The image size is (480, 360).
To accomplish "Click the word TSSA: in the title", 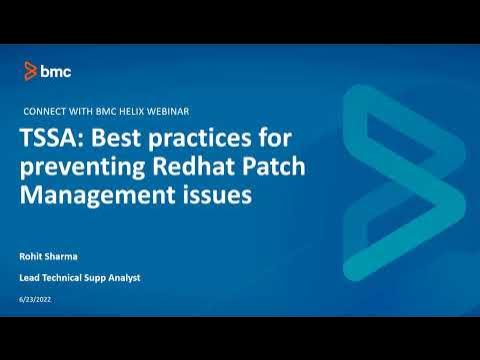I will point(54,138).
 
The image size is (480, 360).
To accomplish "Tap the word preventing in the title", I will point(81,166).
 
